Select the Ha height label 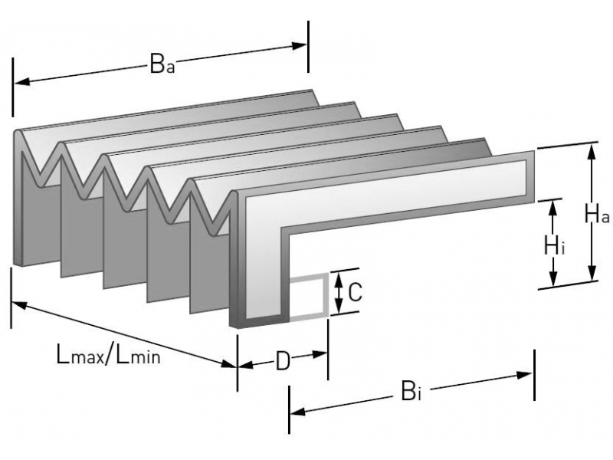tap(596, 213)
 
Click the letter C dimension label tap(355, 292)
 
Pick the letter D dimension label tap(283, 360)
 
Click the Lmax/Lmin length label tap(108, 354)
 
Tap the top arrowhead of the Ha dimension tap(591, 149)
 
